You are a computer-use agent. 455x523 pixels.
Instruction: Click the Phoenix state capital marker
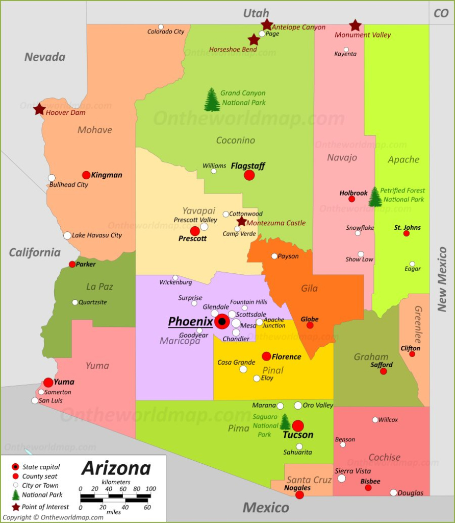click(222, 322)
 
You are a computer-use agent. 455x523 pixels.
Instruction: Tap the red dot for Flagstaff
click(249, 175)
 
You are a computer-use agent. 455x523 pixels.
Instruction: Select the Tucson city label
click(298, 435)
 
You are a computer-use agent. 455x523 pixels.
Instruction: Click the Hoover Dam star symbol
click(39, 109)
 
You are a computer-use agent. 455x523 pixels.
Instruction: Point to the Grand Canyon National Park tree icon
click(212, 100)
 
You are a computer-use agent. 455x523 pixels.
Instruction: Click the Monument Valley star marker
click(355, 26)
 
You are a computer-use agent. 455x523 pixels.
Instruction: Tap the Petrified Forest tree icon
click(375, 197)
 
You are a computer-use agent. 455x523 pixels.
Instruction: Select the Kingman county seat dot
click(86, 175)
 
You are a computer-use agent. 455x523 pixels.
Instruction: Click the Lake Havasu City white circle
click(67, 235)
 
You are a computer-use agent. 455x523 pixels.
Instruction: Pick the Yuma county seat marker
click(48, 383)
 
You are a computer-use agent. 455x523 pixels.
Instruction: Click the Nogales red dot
click(299, 494)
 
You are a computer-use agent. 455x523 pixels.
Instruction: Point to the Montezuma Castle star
click(241, 222)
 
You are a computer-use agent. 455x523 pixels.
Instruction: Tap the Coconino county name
click(235, 140)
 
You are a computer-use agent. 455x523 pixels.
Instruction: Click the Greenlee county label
click(418, 325)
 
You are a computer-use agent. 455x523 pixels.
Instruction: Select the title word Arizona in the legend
click(116, 468)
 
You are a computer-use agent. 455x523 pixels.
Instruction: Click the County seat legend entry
click(40, 476)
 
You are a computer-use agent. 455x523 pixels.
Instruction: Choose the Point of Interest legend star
click(16, 507)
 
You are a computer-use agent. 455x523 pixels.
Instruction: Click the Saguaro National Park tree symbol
click(285, 422)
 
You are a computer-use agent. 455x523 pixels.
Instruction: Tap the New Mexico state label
click(442, 279)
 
